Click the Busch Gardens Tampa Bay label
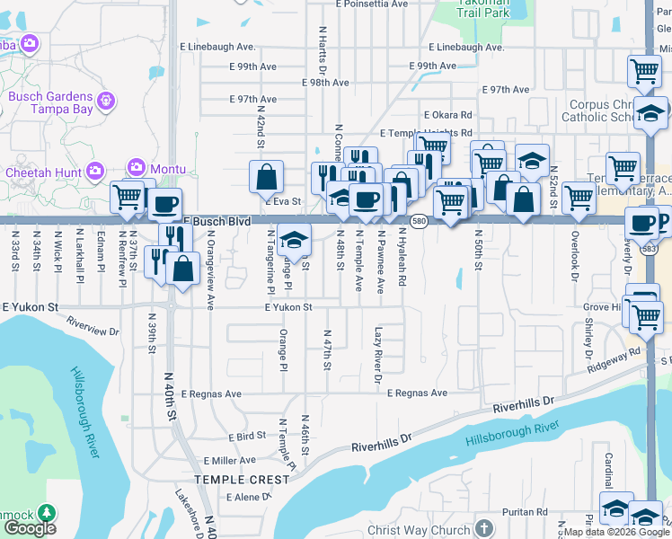pos(50,102)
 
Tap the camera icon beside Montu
pos(137,167)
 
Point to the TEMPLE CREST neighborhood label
pos(243,480)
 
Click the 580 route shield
pos(419,220)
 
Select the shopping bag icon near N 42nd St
pos(267,178)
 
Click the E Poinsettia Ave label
pos(375,4)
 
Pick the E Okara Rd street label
pos(447,115)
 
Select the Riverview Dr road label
pos(93,325)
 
